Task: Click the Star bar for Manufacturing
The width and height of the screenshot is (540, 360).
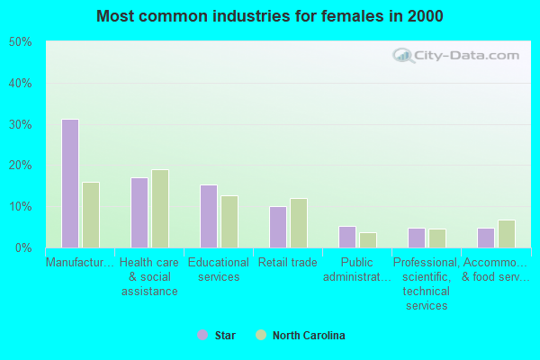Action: pos(69,183)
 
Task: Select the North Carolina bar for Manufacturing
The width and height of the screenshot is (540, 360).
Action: pos(91,214)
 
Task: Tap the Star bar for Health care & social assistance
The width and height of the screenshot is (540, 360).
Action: pos(139,212)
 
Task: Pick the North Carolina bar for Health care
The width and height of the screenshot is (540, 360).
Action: pos(160,208)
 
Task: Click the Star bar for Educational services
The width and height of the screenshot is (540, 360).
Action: pos(208,216)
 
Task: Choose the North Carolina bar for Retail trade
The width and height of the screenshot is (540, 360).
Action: pos(299,222)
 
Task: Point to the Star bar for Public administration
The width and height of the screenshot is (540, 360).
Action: pos(346,237)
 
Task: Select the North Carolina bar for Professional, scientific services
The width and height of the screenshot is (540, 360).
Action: pos(437,238)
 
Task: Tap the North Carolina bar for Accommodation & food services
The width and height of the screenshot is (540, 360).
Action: pos(507,233)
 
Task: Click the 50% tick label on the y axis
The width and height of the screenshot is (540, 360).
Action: pos(20,42)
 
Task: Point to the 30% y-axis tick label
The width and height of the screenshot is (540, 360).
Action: pos(20,124)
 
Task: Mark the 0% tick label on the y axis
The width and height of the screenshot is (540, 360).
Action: pos(22,247)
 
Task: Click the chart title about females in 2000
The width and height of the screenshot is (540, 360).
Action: pos(270,16)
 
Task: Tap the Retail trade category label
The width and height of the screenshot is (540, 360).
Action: pos(287,263)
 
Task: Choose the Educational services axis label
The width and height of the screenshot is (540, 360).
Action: pos(218,270)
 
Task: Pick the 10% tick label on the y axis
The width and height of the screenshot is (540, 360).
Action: pos(20,206)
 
